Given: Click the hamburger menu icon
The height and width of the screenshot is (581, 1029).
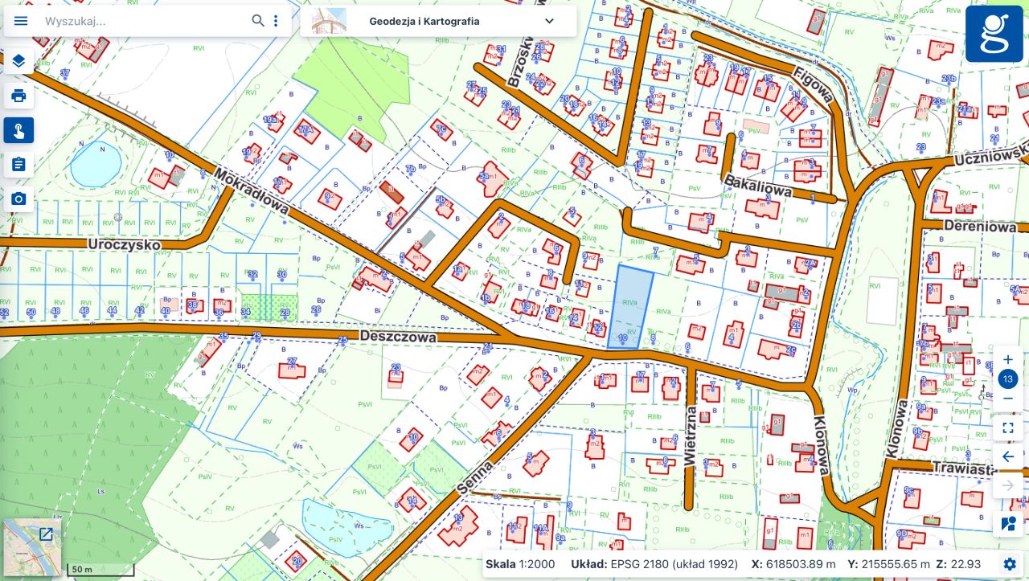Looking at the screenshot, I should click(x=21, y=21).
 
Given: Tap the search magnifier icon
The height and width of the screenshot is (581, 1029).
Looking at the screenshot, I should click(x=257, y=21).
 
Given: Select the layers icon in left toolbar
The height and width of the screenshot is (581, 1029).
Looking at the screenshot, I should click(x=18, y=61).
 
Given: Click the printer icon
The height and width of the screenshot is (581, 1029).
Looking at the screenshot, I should click(x=18, y=96).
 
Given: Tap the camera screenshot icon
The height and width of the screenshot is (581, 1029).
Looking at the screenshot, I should click(x=18, y=198).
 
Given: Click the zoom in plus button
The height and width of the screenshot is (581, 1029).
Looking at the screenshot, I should click(x=1008, y=359).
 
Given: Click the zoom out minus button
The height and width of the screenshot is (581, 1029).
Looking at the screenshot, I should click(x=1008, y=399).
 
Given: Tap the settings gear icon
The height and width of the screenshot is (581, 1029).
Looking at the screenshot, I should click(x=1010, y=564).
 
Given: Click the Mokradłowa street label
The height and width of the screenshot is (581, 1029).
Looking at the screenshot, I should click(x=252, y=191).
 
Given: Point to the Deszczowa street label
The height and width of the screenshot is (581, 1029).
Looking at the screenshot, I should click(x=398, y=337).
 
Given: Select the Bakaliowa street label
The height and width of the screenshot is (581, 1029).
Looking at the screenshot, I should click(x=757, y=186).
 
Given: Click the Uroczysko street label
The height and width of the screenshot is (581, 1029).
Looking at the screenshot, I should click(x=124, y=243).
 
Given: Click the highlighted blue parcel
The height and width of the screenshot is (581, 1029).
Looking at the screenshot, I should click(x=629, y=307).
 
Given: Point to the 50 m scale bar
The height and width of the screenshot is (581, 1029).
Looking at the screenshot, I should click(x=100, y=571).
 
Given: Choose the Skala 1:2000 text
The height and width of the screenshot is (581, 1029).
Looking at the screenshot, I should click(x=520, y=564).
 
